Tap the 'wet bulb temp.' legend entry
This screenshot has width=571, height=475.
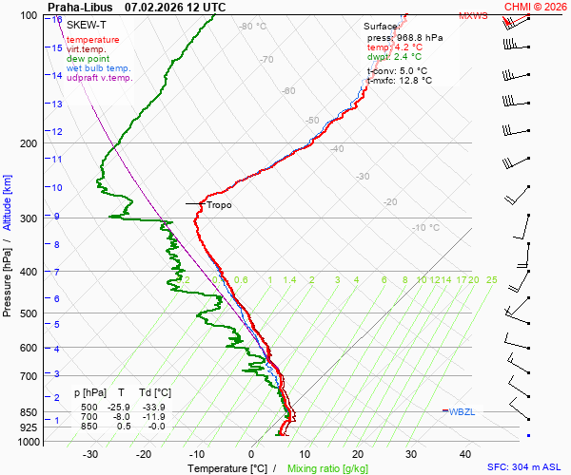click(x=99, y=68)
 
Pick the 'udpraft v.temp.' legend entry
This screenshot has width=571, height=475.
click(x=100, y=78)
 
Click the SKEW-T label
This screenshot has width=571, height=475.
click(x=86, y=24)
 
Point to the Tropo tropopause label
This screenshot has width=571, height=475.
click(x=219, y=204)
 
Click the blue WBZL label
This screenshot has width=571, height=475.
click(x=462, y=411)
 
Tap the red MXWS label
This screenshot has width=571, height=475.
click(x=473, y=16)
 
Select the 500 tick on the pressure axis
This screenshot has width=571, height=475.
click(x=31, y=313)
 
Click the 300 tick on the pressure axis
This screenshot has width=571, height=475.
click(x=31, y=218)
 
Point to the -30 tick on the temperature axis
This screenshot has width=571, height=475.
click(x=90, y=454)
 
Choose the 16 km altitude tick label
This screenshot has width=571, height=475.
click(x=57, y=19)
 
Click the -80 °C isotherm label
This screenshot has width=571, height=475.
click(x=253, y=27)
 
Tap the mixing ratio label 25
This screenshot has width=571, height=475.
click(x=491, y=280)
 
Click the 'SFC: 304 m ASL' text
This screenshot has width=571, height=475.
click(x=527, y=467)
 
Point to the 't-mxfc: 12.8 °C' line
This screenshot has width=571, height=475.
click(x=400, y=81)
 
